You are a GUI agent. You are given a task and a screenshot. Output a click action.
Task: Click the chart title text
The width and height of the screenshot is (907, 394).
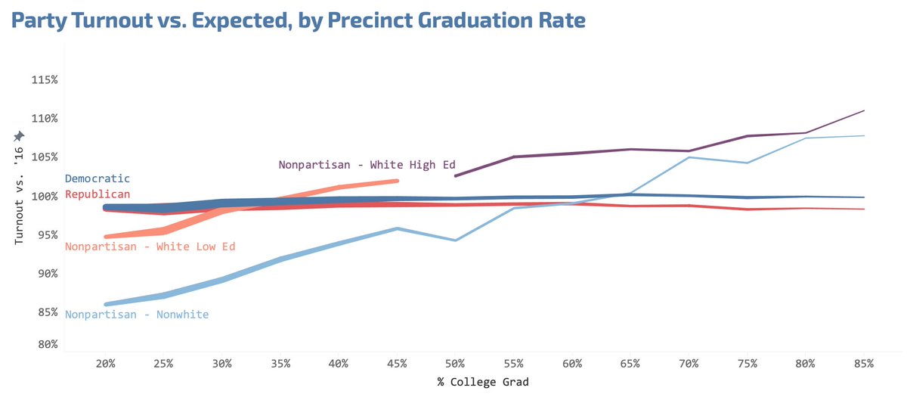[x=298, y=20]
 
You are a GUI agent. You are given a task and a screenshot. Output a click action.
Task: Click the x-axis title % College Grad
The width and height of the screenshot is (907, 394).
[x=483, y=382]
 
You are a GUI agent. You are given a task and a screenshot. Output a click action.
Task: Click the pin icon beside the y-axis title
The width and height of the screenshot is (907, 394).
[x=19, y=135]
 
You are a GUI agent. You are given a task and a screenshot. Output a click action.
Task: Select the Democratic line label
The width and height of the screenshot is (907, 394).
[x=98, y=179]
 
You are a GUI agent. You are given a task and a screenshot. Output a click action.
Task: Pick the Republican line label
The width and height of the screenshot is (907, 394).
[x=98, y=194]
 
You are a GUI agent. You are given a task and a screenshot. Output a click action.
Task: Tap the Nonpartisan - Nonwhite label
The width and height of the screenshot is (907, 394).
[x=137, y=315]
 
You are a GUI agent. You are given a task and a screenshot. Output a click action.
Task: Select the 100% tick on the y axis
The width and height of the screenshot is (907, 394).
[x=46, y=197]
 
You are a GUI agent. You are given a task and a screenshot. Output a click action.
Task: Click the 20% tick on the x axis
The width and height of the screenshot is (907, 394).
[x=105, y=364]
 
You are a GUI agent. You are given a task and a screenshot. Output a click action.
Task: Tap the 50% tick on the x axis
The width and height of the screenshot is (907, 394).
[x=455, y=364]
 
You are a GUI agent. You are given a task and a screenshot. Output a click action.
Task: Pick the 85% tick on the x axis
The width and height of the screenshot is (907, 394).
[x=863, y=364]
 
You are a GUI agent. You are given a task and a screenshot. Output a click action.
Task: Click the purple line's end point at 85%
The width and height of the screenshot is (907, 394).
[x=864, y=110]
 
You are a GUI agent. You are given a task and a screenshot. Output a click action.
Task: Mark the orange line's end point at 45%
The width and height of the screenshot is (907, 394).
[x=397, y=181]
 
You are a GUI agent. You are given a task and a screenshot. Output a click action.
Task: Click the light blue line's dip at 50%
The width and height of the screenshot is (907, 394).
[x=455, y=240]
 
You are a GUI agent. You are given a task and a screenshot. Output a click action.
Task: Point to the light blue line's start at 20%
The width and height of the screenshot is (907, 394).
[x=106, y=304]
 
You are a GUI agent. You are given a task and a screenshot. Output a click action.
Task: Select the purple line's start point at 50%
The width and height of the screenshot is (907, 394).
[x=455, y=176]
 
